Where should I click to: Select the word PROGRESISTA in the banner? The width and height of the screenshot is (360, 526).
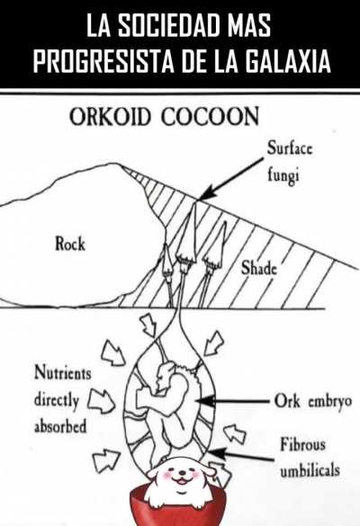tap(103, 61)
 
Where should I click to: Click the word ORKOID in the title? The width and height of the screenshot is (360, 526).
tap(109, 117)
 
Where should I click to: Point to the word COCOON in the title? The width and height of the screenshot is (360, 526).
tap(211, 117)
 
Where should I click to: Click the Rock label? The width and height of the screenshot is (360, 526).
tap(70, 244)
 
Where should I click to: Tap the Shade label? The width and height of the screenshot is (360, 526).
tap(258, 268)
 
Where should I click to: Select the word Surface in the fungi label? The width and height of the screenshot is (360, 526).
tap(290, 148)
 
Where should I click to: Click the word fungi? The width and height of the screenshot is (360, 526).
tap(283, 175)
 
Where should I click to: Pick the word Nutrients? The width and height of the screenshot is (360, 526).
tap(63, 372)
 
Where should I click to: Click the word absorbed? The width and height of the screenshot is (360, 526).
tap(60, 426)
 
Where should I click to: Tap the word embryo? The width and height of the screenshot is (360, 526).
tap(330, 401)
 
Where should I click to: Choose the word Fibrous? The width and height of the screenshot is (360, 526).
tap(303, 445)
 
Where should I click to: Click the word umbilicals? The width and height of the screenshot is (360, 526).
tap(310, 470)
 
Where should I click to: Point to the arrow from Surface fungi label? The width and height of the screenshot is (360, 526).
tap(232, 179)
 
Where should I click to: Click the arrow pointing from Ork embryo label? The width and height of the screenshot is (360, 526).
tap(233, 401)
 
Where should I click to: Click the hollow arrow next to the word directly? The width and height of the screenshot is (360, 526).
tap(102, 401)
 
